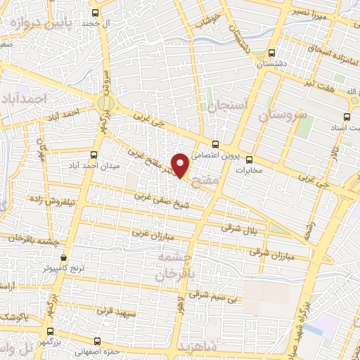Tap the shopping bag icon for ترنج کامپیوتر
point(63,258)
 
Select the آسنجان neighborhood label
point(227,105)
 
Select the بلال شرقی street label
point(240,228)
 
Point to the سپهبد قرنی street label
point(114,309)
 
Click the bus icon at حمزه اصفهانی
point(92,340)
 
